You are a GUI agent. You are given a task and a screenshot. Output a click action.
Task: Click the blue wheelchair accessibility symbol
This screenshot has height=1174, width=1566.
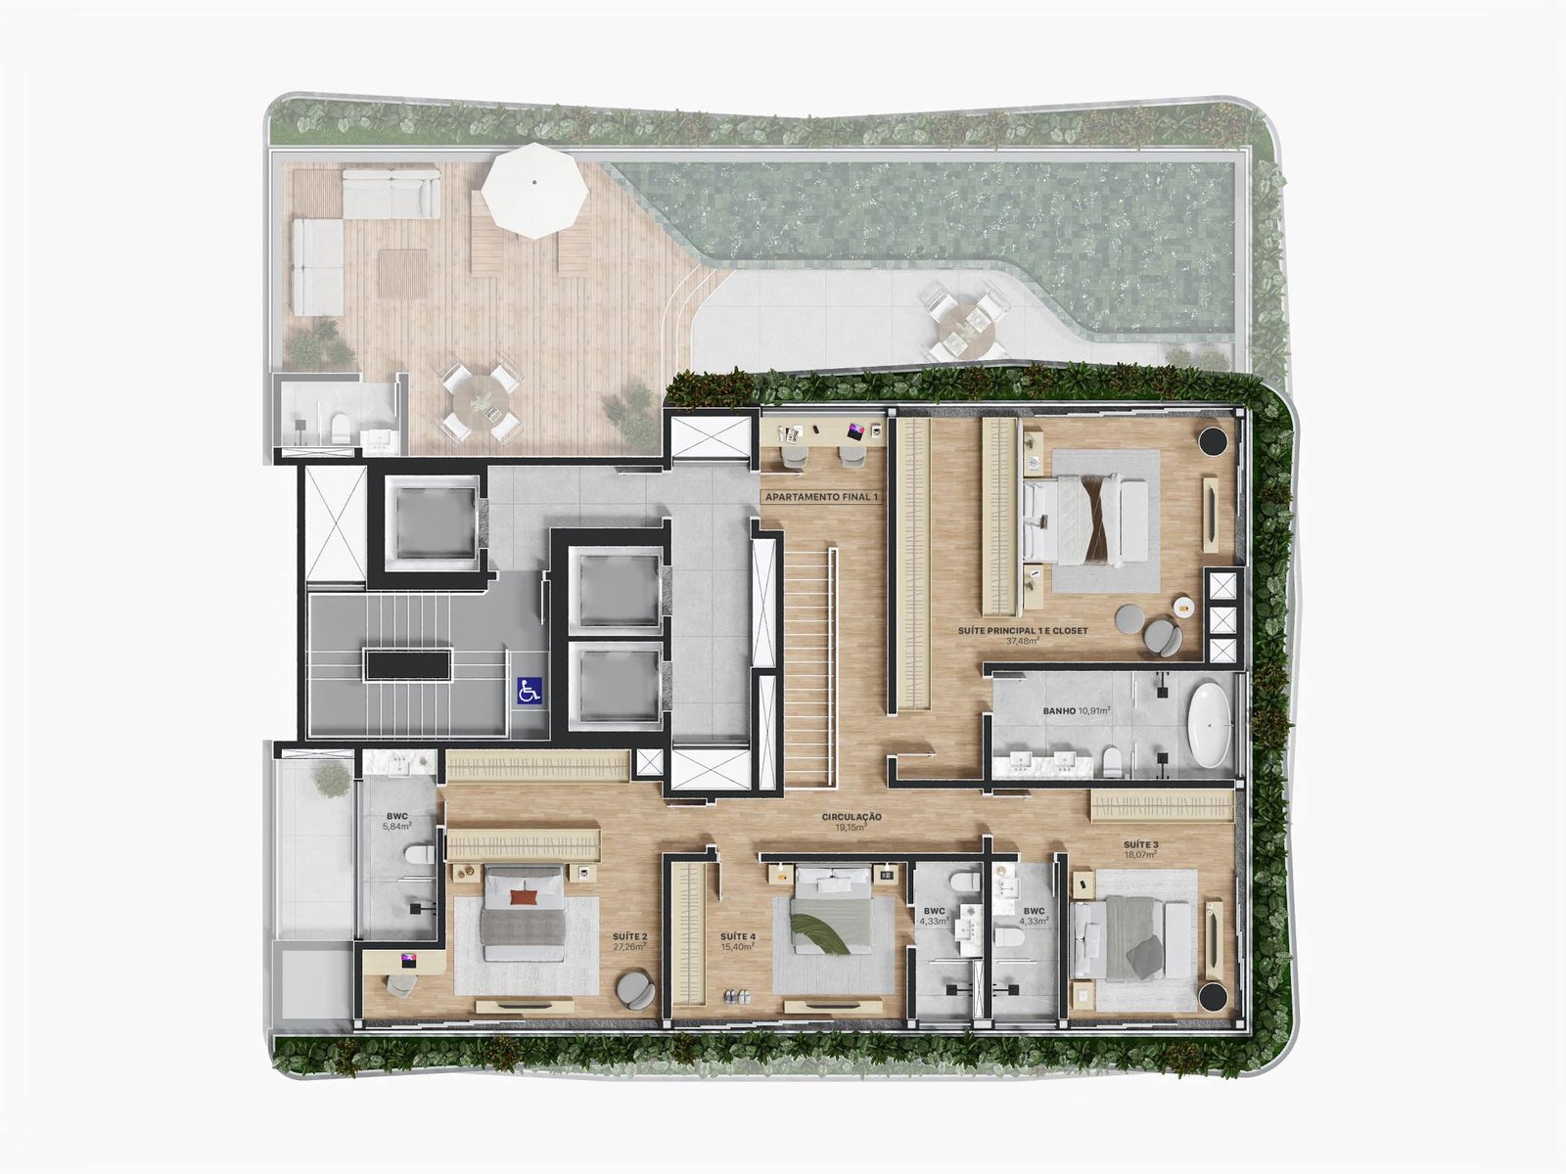click(x=529, y=691)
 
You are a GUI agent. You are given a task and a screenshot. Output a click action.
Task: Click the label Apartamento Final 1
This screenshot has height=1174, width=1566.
click(x=822, y=497)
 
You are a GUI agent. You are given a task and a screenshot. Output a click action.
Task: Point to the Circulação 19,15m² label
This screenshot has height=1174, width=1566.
click(x=852, y=822)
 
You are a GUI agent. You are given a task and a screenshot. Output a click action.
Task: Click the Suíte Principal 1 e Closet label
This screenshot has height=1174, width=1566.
click(x=1023, y=635)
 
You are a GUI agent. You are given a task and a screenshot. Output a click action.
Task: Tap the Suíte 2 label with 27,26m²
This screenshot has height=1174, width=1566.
click(x=629, y=941)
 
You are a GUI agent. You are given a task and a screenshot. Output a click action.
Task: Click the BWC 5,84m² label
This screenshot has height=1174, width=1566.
click(x=396, y=821)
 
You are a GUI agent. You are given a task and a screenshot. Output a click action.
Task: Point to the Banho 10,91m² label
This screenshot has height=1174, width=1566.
click(x=1076, y=710)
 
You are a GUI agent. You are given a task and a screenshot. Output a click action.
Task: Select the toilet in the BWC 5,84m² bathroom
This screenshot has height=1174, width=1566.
click(x=419, y=854)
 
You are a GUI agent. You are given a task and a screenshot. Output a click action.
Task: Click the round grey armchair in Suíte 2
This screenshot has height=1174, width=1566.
click(x=635, y=990)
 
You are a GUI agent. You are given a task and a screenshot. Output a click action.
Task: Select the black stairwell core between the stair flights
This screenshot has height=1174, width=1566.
click(x=407, y=664)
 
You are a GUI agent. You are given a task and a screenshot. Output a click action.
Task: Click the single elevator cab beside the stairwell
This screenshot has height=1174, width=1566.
click(x=431, y=524)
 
